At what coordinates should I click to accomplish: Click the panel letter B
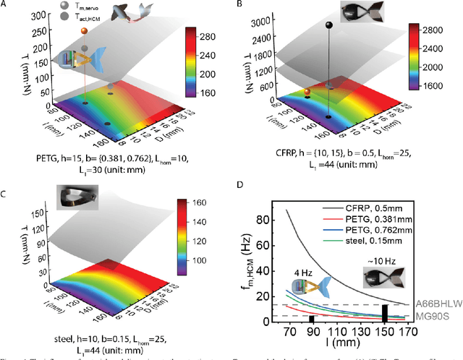click(x=242, y=5)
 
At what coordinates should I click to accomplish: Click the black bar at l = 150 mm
click(x=385, y=314)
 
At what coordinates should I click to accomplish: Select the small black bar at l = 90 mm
click(x=311, y=319)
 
